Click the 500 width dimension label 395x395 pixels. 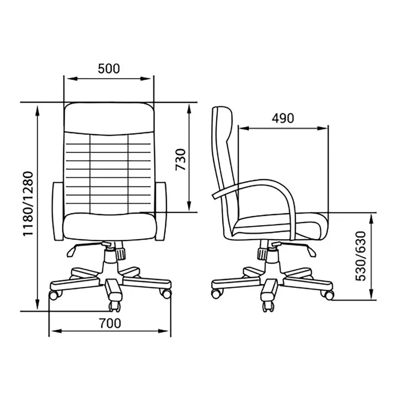click(x=109, y=69)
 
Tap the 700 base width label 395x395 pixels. click(x=110, y=323)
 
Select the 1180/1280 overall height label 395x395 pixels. click(x=28, y=203)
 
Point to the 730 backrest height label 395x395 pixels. click(x=181, y=159)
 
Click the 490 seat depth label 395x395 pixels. click(x=283, y=118)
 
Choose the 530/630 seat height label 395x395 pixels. click(x=360, y=256)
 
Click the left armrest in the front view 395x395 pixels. click(x=58, y=211)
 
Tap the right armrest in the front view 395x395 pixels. click(x=161, y=211)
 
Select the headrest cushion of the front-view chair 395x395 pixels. click(x=109, y=118)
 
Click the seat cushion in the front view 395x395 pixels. click(x=109, y=227)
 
